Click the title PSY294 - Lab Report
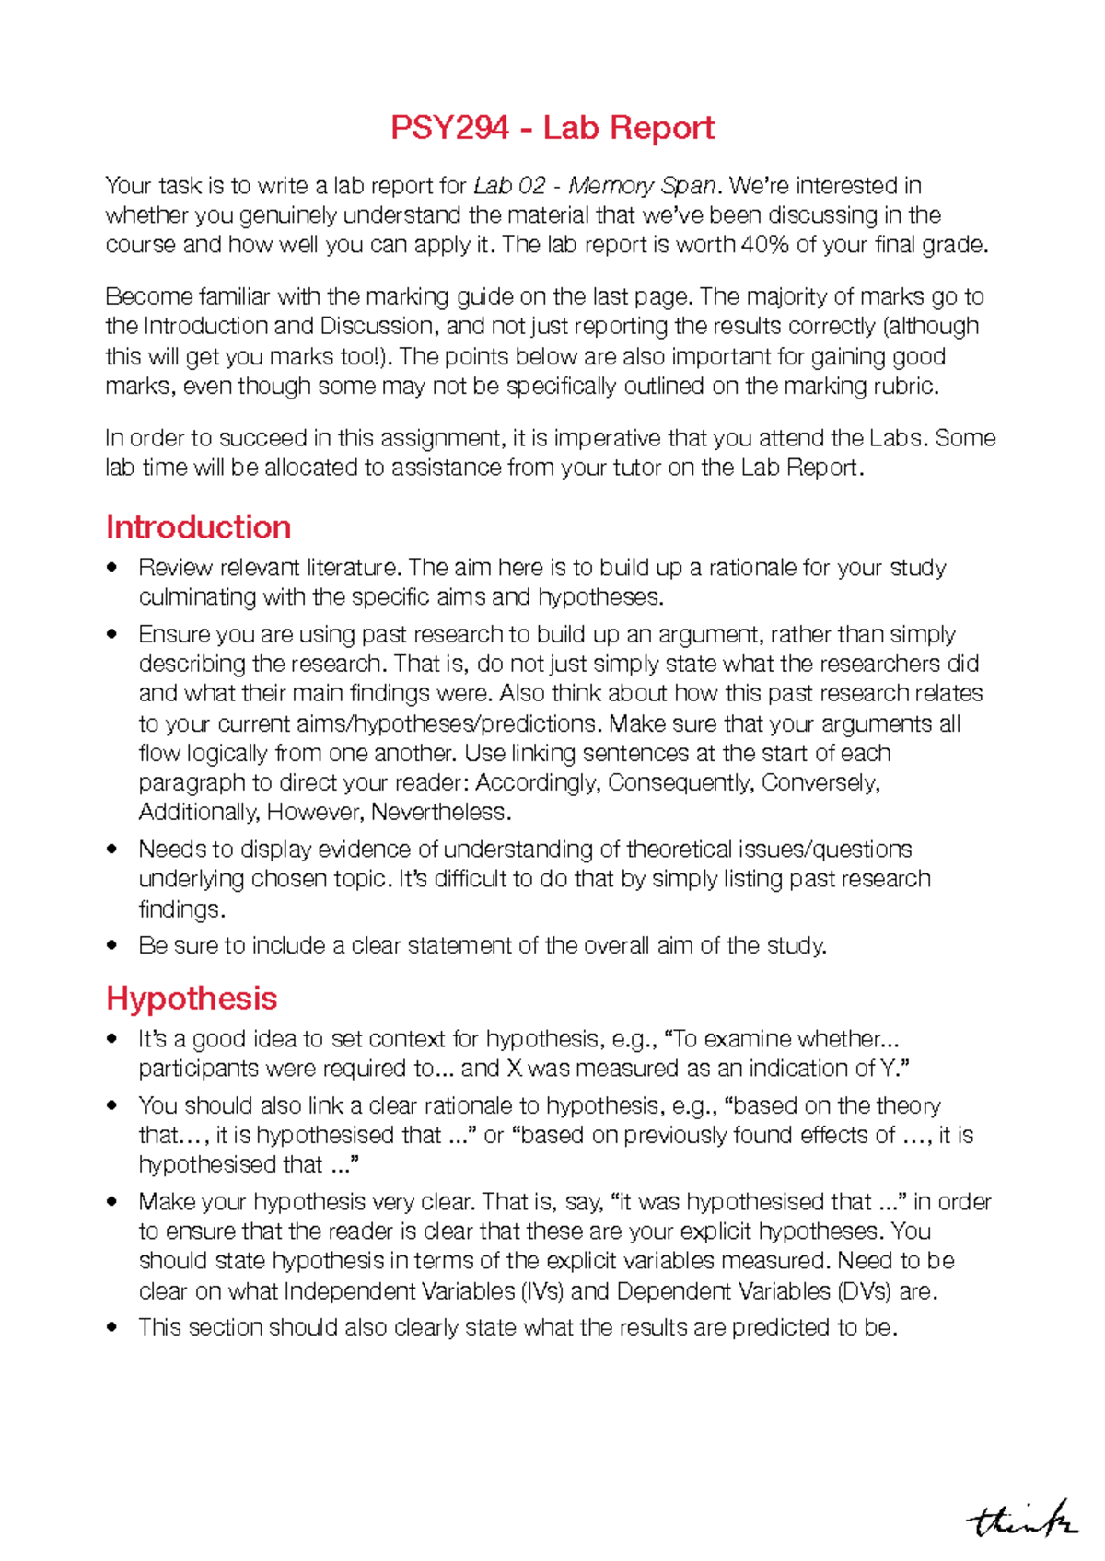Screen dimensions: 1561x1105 click(552, 128)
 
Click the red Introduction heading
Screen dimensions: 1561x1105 click(198, 527)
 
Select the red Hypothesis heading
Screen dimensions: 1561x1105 click(192, 999)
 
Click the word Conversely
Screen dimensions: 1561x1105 click(820, 783)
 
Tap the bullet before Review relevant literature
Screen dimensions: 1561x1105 click(112, 568)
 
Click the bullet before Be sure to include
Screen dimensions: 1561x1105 click(112, 946)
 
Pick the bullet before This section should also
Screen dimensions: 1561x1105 click(112, 1327)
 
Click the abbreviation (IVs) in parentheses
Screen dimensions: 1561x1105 click(541, 1291)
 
